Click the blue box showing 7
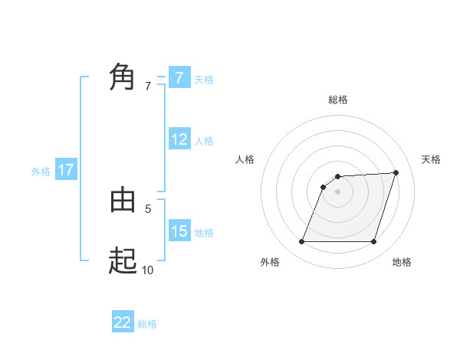(x=179, y=77)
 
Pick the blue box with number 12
(x=179, y=139)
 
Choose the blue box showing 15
(x=179, y=231)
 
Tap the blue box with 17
(x=66, y=170)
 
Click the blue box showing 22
(x=123, y=322)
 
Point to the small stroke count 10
(x=147, y=269)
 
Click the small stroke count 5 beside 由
(x=148, y=208)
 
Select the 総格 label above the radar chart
(x=337, y=100)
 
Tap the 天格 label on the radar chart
(x=431, y=159)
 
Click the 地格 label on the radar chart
(x=402, y=262)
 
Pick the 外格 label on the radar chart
(x=270, y=262)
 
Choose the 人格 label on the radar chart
(x=245, y=159)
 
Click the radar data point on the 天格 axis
(x=396, y=172)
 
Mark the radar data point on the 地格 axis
(x=373, y=242)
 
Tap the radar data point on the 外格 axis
(x=301, y=242)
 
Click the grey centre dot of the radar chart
(x=337, y=191)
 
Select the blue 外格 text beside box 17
(x=41, y=172)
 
